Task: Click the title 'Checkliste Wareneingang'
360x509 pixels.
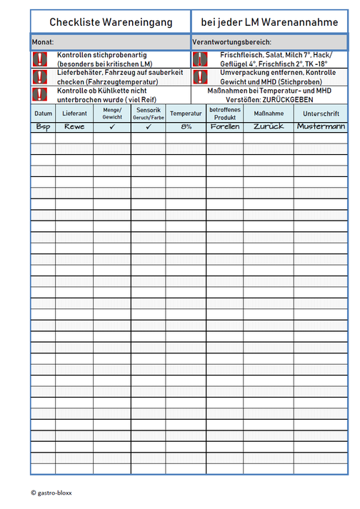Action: click(x=111, y=23)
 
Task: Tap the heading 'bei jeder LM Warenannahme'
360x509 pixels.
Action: click(x=270, y=23)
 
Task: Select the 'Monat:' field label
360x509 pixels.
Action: click(x=44, y=43)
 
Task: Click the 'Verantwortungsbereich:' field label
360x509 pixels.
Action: click(x=231, y=43)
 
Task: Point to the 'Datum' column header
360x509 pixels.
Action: click(x=43, y=114)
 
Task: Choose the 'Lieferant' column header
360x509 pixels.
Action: click(x=74, y=114)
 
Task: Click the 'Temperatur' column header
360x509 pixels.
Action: click(x=186, y=114)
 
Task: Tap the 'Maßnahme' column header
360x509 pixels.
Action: click(x=269, y=114)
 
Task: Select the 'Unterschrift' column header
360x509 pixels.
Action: click(x=321, y=114)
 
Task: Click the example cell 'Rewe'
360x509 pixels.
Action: click(x=74, y=126)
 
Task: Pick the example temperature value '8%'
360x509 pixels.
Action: click(x=186, y=126)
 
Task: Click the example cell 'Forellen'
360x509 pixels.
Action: click(x=225, y=126)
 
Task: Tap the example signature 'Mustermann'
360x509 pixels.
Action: click(x=321, y=126)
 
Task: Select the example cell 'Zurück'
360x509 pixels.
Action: click(x=269, y=126)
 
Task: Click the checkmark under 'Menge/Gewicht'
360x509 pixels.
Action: click(x=112, y=127)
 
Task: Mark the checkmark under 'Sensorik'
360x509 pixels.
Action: click(x=149, y=127)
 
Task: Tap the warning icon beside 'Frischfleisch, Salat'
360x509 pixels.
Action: click(x=200, y=59)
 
